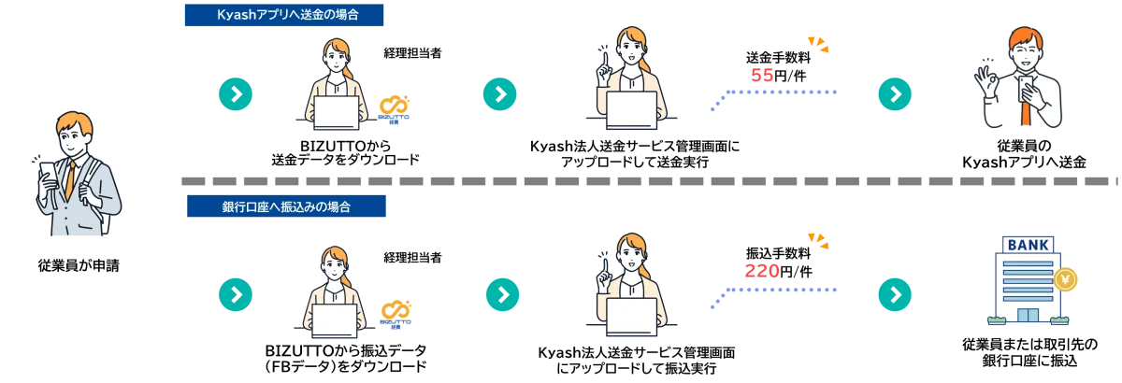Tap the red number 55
pyautogui.click(x=763, y=76)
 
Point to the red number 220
pyautogui.click(x=761, y=272)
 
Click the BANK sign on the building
pyautogui.click(x=1028, y=245)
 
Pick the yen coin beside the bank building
pyautogui.click(x=1065, y=278)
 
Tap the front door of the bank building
pyautogui.click(x=1028, y=314)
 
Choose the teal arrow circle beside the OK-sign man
pyautogui.click(x=894, y=93)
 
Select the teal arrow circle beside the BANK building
pyautogui.click(x=894, y=294)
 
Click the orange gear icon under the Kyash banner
pyautogui.click(x=392, y=106)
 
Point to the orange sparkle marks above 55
pyautogui.click(x=818, y=44)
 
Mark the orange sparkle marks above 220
pyautogui.click(x=818, y=241)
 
